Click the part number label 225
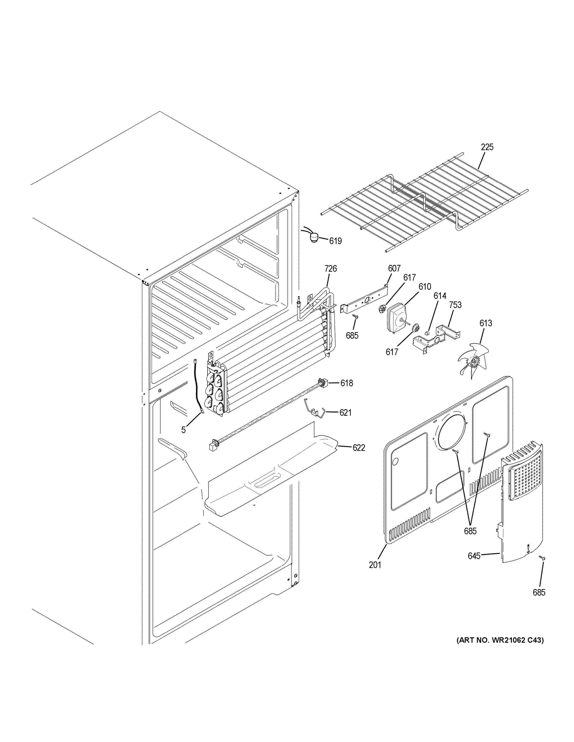[487, 147]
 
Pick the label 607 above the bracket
[394, 268]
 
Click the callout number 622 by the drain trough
[359, 448]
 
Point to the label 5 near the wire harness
[183, 430]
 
